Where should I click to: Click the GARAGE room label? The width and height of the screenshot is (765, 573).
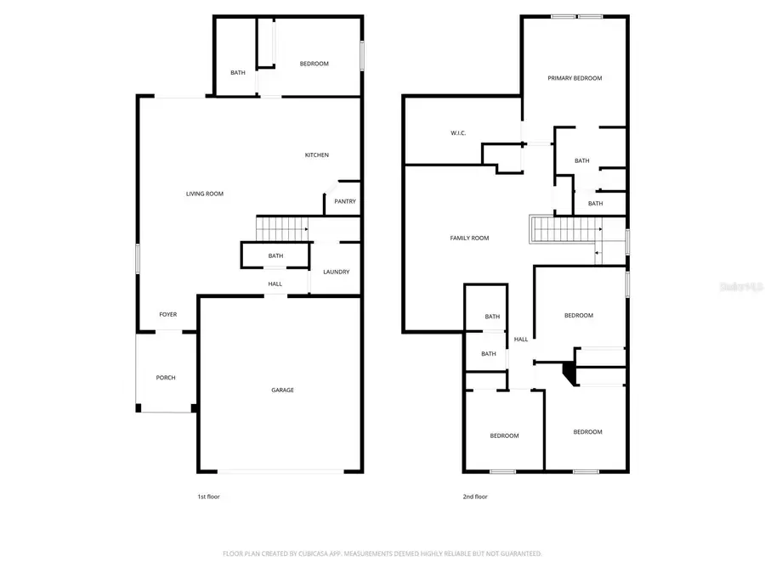pos(282,390)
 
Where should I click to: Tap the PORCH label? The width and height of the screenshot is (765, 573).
pos(166,378)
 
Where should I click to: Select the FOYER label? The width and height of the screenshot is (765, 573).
pos(168,315)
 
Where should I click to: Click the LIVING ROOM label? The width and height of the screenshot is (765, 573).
pos(205,194)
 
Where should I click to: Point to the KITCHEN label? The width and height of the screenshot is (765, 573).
pos(317,154)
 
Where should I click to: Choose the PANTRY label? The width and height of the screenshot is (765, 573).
pos(344,201)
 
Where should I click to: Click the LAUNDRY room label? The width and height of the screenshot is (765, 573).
pos(336,272)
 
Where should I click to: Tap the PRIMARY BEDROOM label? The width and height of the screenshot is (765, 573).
pos(575,78)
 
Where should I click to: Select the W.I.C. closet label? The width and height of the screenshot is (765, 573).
pos(458,132)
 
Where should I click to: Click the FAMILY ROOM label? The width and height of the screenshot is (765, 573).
pos(469,239)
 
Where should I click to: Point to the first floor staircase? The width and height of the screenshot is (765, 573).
pos(281,228)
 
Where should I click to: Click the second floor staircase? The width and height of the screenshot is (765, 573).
pos(565,229)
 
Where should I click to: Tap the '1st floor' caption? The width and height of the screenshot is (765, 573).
pos(208,497)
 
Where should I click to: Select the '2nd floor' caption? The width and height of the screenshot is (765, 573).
pos(476,497)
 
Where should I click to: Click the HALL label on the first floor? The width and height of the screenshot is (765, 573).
pos(275,284)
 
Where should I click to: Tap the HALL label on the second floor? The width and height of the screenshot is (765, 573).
pos(521,339)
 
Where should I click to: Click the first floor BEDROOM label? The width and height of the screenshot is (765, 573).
pos(314,64)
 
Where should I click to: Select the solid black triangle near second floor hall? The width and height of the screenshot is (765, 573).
pos(567,371)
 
